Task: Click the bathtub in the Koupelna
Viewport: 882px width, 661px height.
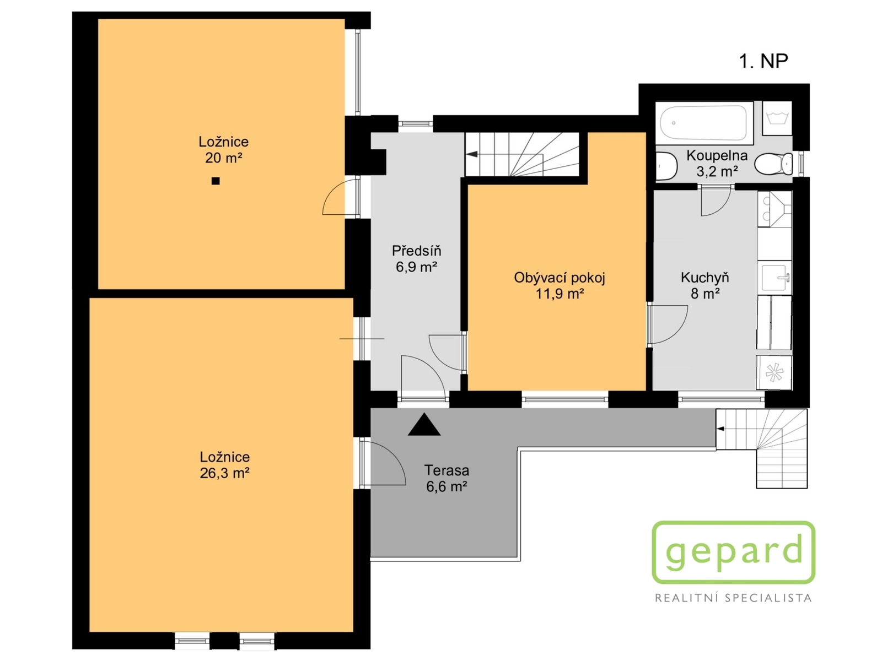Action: click(703, 122)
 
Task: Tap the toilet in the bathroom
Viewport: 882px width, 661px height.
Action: click(773, 164)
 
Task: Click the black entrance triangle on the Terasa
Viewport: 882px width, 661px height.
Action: click(424, 425)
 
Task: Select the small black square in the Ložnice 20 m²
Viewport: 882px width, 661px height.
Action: click(216, 181)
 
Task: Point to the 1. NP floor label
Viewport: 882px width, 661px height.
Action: click(763, 61)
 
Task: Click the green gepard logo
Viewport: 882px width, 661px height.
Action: click(733, 552)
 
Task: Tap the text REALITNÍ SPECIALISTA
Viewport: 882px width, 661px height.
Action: click(733, 598)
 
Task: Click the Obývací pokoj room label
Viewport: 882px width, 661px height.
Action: click(560, 278)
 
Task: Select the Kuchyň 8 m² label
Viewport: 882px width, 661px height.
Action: click(705, 285)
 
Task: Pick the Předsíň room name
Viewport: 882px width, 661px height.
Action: click(416, 251)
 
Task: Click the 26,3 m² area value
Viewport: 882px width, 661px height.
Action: click(224, 473)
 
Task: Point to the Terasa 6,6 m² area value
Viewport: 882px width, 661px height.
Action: click(447, 486)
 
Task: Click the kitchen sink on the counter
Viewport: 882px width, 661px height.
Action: click(774, 277)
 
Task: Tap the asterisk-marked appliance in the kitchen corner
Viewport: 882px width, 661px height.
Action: click(774, 372)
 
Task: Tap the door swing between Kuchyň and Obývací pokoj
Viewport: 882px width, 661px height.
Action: click(668, 324)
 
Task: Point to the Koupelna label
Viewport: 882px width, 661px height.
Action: click(717, 155)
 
